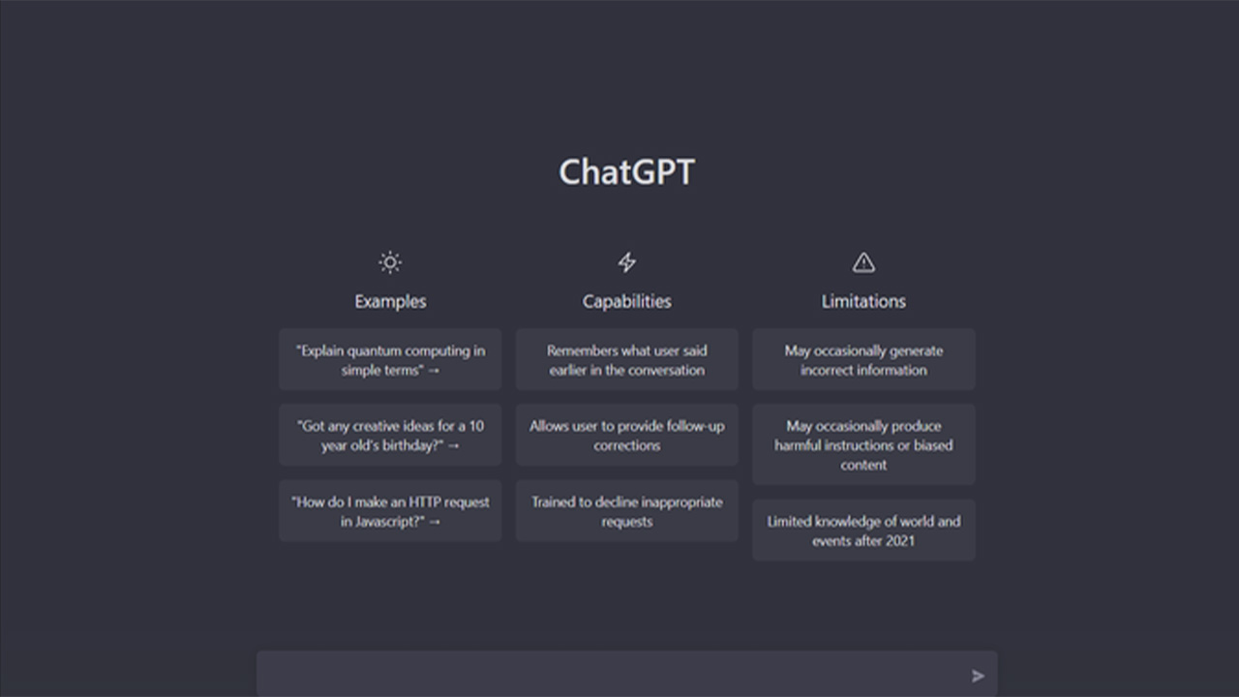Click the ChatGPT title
coord(626,171)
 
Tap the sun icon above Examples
coord(390,262)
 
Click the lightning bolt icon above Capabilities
coord(626,262)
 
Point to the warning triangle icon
coord(863,262)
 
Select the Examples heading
coord(390,301)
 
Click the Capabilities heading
coord(626,301)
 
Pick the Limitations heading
coord(863,301)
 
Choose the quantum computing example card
coord(390,359)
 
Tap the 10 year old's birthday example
coord(390,436)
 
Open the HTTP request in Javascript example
coord(390,511)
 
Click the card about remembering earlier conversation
coord(626,359)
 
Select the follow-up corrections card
coord(626,436)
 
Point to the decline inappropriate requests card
coord(626,511)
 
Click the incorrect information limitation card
coord(863,359)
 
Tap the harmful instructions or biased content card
coord(863,444)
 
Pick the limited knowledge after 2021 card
coord(863,530)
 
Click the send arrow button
coord(978,676)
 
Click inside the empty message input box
coord(609,675)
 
